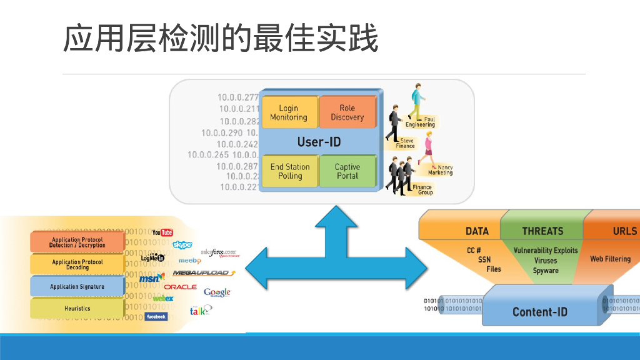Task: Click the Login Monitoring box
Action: [288, 112]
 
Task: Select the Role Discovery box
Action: [347, 112]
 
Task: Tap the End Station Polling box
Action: [289, 171]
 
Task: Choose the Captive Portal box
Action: [347, 171]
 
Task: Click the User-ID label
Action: [319, 142]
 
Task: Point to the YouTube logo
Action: [163, 232]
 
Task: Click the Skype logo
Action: [182, 244]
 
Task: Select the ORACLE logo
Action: [180, 287]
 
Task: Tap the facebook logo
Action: [156, 317]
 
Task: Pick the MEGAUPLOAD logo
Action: [204, 273]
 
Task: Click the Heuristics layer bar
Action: [77, 308]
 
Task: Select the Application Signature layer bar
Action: [77, 287]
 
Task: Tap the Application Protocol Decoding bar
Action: [77, 264]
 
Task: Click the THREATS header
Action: [542, 231]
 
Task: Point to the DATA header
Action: [477, 231]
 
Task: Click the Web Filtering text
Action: [610, 259]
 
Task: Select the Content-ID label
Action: [539, 311]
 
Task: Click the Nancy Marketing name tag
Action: [444, 170]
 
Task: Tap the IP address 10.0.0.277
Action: [238, 97]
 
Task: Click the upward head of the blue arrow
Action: [336, 216]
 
